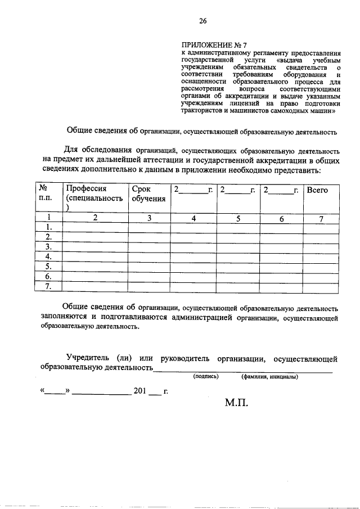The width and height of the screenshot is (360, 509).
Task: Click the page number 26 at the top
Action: click(x=202, y=21)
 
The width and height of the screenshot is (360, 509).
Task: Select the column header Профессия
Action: click(x=86, y=190)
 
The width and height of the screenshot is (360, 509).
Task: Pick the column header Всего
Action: click(x=317, y=190)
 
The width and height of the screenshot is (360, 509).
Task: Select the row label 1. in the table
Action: click(x=49, y=227)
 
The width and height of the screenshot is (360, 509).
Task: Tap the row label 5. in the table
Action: click(x=49, y=267)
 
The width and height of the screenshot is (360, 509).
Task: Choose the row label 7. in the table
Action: click(x=49, y=286)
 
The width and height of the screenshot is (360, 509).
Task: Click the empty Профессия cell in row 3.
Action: click(x=95, y=247)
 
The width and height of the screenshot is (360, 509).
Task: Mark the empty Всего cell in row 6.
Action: click(x=321, y=276)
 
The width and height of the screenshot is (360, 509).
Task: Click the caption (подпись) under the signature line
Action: click(x=205, y=376)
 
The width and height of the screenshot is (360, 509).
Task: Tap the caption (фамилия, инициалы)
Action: click(x=269, y=376)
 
